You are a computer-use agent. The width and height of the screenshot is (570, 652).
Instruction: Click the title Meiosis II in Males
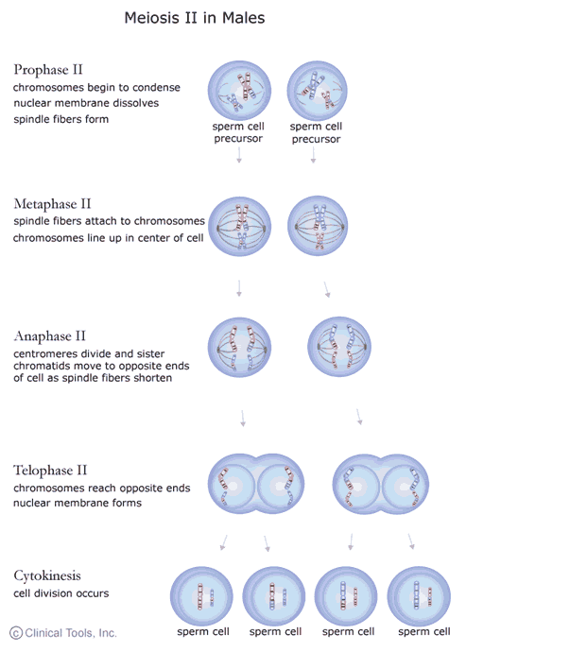(195, 18)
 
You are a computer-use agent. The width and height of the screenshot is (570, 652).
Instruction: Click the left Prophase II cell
(238, 90)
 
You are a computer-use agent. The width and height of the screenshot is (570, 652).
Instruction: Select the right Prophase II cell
(316, 90)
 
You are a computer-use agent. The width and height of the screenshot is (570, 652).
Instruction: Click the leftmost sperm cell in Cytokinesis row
(200, 595)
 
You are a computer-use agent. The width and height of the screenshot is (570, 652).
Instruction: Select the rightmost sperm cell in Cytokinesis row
(418, 595)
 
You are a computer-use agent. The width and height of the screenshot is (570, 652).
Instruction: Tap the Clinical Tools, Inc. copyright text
(63, 633)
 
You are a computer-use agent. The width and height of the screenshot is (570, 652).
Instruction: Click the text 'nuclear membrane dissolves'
(86, 103)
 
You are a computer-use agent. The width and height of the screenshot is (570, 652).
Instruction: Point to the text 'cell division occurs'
(60, 593)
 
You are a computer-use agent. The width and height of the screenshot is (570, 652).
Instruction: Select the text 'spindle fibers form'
(60, 119)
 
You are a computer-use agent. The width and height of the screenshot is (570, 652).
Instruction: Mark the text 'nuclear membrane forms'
(78, 503)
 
